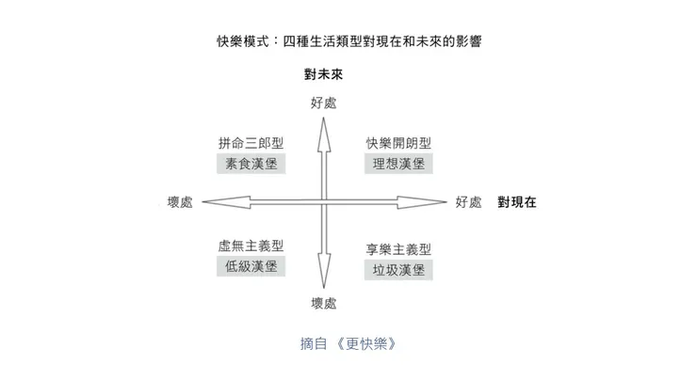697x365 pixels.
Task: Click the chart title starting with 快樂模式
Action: click(349, 42)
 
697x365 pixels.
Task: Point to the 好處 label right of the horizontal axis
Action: click(468, 201)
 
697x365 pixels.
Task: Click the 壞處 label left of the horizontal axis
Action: click(178, 201)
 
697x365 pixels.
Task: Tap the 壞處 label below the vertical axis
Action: click(323, 303)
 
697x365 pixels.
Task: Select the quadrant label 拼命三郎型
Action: click(251, 143)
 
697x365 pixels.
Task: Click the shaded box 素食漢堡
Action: click(251, 163)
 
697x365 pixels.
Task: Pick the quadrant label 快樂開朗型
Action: click(398, 143)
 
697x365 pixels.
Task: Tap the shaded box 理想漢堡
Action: click(398, 164)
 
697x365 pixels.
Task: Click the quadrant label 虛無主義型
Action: click(251, 246)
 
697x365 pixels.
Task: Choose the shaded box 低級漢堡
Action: click(251, 266)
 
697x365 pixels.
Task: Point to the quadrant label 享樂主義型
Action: click(398, 249)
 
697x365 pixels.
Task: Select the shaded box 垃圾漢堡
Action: click(398, 270)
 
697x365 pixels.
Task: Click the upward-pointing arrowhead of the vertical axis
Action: click(323, 132)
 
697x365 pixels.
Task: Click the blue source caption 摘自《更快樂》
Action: click(348, 342)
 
